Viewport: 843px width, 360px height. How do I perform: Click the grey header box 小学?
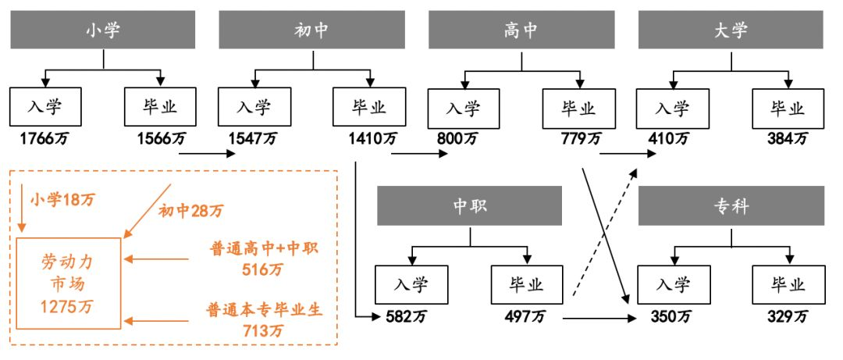(103, 30)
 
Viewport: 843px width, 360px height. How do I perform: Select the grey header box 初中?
(312, 30)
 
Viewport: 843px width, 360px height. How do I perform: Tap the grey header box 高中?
(521, 30)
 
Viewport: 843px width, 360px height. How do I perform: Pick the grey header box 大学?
(731, 30)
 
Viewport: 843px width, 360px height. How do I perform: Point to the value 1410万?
(374, 139)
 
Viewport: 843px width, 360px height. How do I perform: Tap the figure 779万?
(581, 139)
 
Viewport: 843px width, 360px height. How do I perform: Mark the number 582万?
(407, 316)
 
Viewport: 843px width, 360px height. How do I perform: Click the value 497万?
(527, 316)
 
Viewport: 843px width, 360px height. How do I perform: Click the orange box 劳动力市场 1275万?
(67, 283)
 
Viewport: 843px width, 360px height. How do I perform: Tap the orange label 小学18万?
(62, 199)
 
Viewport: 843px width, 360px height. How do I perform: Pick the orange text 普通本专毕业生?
(265, 308)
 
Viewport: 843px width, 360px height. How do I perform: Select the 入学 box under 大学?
(672, 107)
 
